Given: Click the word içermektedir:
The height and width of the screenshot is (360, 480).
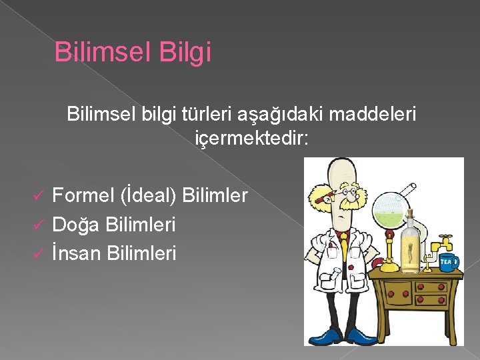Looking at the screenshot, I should coord(251,139).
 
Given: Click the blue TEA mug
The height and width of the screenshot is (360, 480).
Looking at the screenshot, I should coord(449,262).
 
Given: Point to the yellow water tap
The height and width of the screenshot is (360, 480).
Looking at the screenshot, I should coord(442,240).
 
